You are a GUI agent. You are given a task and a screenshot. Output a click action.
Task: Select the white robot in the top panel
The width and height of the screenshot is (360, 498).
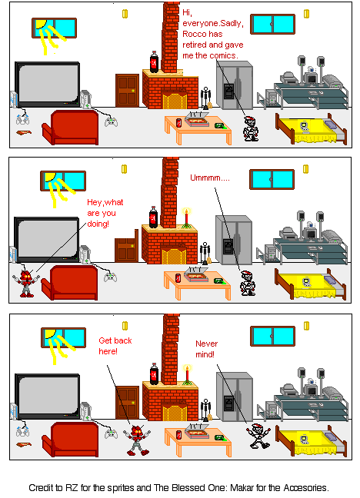point(251,128)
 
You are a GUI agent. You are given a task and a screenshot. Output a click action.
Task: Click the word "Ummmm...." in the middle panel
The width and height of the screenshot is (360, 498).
point(209,178)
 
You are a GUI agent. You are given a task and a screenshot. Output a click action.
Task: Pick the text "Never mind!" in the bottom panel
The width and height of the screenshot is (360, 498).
point(205,349)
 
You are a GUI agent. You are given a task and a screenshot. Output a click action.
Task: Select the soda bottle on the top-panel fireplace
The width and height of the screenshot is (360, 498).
point(154,61)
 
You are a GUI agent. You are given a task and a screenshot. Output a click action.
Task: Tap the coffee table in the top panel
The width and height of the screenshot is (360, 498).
point(198,126)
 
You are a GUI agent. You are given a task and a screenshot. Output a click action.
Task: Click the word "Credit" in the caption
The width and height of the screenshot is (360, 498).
point(43,487)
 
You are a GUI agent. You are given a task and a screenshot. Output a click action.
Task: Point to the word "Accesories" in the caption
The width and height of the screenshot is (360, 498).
point(302,487)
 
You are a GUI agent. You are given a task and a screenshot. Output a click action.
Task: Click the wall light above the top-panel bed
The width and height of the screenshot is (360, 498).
point(306,13)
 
